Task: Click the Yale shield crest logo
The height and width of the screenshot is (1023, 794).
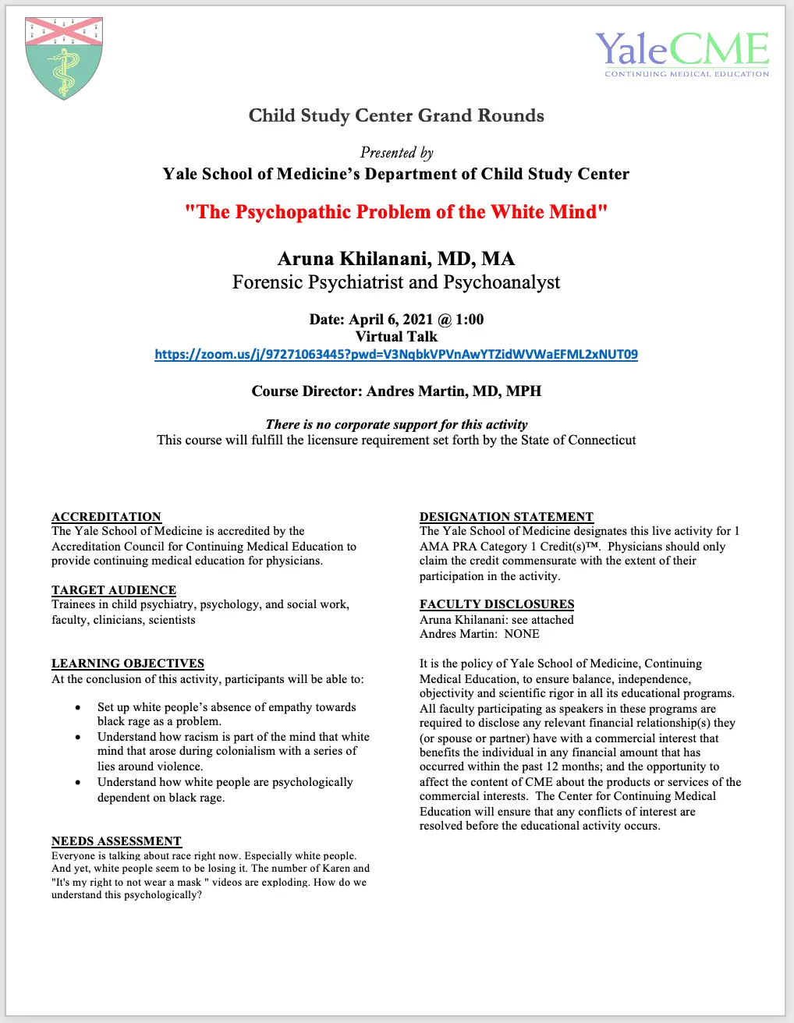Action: pos(64,58)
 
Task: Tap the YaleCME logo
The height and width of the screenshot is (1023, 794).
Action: pos(682,53)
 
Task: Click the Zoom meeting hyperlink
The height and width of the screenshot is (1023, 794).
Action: pos(396,354)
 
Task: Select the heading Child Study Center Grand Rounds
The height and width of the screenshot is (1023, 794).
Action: pos(396,115)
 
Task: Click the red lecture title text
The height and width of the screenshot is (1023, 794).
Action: pos(396,212)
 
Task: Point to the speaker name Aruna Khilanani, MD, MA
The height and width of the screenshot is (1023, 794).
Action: pos(396,259)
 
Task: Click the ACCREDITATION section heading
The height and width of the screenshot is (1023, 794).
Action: pos(106,517)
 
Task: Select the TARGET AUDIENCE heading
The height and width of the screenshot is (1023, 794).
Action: pos(114,590)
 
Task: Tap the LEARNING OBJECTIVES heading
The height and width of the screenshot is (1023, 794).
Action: pos(128,664)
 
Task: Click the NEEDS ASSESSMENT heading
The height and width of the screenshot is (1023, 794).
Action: pos(116,841)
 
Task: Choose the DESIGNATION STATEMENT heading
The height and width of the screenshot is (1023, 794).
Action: pos(506,517)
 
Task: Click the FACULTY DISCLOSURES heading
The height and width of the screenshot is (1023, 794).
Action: pos(497,604)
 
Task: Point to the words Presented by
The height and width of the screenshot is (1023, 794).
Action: pos(396,153)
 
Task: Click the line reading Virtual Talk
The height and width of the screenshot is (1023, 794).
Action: pos(396,337)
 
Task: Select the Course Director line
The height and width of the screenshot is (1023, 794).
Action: pos(396,391)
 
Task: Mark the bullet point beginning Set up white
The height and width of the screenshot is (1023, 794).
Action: pos(226,707)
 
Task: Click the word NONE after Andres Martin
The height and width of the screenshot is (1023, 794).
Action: pos(522,634)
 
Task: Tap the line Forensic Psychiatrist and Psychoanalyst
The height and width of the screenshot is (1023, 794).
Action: pos(396,282)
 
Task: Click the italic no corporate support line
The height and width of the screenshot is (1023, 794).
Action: pos(396,424)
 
